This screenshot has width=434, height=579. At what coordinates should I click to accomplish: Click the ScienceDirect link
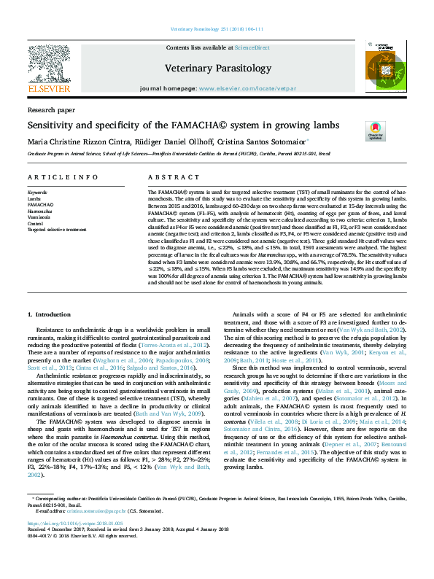pos(252,47)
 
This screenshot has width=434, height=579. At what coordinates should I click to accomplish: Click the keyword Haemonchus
pos(40,211)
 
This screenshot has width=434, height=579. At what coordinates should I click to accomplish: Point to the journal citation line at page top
pos(217,28)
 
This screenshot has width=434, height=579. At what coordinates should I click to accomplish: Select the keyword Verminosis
pos(39,217)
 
